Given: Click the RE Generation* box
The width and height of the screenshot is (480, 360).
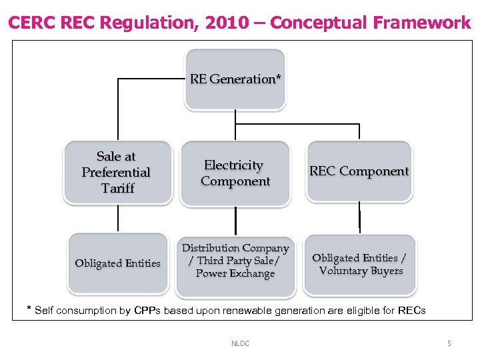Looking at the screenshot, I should pos(235,79).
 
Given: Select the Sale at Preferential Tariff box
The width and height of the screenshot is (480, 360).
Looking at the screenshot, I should pos(117,172).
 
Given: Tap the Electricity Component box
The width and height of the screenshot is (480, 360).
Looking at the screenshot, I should pos(235,173).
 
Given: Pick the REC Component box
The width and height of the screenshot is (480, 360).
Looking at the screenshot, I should pos(359,171).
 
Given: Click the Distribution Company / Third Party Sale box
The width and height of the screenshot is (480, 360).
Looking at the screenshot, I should pos(235,260).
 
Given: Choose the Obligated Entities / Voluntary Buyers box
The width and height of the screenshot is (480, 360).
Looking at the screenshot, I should pos(360,264).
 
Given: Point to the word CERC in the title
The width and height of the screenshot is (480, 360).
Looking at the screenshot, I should pos(32,23).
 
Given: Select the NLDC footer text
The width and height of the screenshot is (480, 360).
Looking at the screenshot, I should pos(240,343).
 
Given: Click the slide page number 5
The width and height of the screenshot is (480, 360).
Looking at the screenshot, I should pos(449,343).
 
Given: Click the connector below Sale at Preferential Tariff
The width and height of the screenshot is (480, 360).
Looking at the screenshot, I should pos(118,219).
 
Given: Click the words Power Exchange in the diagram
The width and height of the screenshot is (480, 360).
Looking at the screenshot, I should pos(235,273).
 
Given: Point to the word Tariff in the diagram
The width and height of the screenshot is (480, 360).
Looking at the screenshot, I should pos(117,188).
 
